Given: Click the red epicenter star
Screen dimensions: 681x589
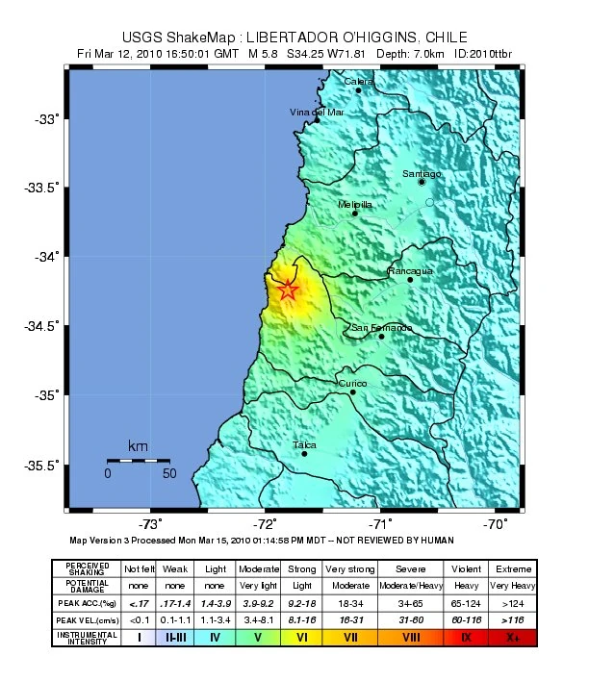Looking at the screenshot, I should pyautogui.click(x=288, y=289).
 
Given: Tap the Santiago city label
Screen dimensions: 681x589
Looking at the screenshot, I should pyautogui.click(x=422, y=174).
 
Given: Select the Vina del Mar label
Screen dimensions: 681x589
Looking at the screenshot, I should pyautogui.click(x=317, y=113).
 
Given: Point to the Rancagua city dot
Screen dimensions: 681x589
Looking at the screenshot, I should pyautogui.click(x=410, y=279).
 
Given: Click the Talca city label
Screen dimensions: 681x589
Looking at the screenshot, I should pyautogui.click(x=305, y=444).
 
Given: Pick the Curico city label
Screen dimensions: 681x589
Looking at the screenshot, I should pyautogui.click(x=352, y=383).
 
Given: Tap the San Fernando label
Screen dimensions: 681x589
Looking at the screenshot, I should pyautogui.click(x=381, y=328).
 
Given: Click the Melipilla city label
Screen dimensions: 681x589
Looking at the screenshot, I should pyautogui.click(x=355, y=205).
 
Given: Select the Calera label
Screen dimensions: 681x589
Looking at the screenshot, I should pyautogui.click(x=358, y=82).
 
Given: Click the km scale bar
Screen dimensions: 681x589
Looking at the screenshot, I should pyautogui.click(x=138, y=461).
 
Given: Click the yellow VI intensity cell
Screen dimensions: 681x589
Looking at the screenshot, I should pyautogui.click(x=302, y=635).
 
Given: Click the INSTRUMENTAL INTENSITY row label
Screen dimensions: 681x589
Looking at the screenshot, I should pyautogui.click(x=88, y=635).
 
